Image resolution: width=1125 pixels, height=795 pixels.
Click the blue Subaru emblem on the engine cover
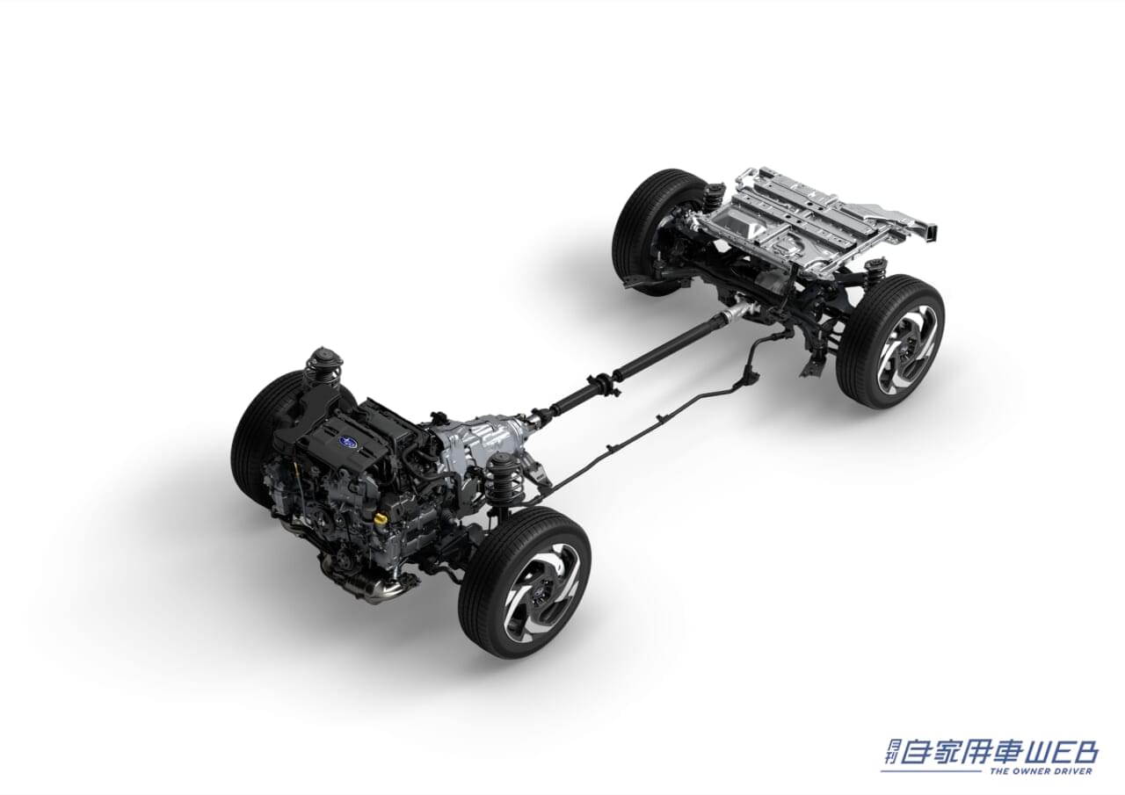[x=346, y=441]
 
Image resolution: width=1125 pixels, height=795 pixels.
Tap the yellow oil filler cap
[x=381, y=517]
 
